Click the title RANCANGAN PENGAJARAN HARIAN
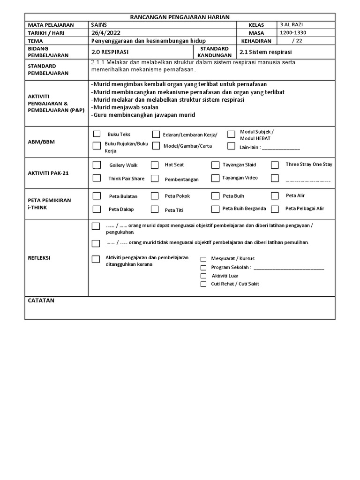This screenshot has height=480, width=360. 180,17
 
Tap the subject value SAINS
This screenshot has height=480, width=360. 99,25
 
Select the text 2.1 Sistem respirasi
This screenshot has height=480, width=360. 265,52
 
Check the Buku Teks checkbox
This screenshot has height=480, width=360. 97,134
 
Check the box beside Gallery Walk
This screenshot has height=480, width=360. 97,165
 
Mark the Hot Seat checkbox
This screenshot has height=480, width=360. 155,165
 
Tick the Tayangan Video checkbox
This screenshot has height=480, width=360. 215,178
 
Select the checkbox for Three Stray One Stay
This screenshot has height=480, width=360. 275,165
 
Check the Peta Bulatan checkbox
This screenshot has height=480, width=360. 97,196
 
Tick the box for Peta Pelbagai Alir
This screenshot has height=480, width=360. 275,209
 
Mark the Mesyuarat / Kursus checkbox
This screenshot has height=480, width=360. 203,259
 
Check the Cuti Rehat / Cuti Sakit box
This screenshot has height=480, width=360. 203,284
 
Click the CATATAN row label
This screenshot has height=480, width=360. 41,300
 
